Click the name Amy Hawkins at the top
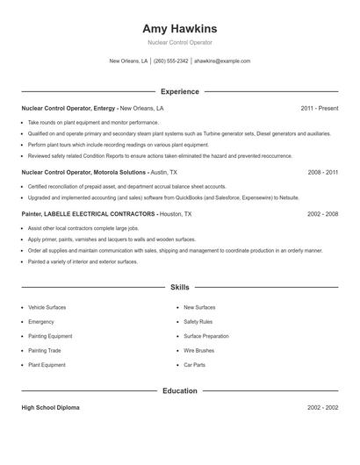pos(179,28)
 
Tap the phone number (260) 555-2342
pos(170,61)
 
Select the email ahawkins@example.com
pos(222,61)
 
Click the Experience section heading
pos(179,91)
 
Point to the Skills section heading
pos(179,287)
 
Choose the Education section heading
pos(179,390)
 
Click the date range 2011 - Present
pos(319,108)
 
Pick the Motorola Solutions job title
pos(84,173)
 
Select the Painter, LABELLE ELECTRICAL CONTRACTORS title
pos(89,213)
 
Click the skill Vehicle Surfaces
pos(47,307)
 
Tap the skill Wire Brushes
pos(198,350)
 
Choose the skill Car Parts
pos(194,364)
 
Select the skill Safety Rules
pos(198,321)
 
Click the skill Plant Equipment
pos(47,364)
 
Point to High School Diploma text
pos(52,408)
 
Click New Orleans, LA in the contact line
pos(128,61)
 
